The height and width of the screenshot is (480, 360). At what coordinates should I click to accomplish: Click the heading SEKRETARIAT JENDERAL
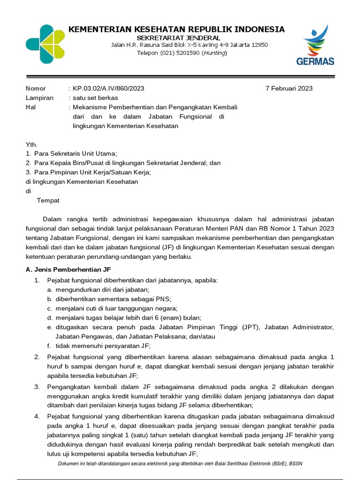[179, 37]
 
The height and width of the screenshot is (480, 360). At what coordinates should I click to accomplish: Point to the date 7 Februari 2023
[289, 88]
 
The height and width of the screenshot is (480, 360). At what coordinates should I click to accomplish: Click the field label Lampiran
[39, 97]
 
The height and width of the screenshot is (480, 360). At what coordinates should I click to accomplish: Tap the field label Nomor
[36, 88]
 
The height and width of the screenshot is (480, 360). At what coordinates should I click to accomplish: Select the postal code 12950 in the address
[259, 45]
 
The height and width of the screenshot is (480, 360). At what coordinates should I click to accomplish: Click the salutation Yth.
[31, 145]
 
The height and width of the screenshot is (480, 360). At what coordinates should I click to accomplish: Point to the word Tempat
[48, 200]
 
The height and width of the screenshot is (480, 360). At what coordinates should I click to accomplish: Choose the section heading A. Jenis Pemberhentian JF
[68, 270]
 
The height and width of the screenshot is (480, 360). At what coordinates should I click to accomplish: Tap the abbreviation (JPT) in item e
[252, 327]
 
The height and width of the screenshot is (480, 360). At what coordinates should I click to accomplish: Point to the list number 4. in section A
[37, 416]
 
